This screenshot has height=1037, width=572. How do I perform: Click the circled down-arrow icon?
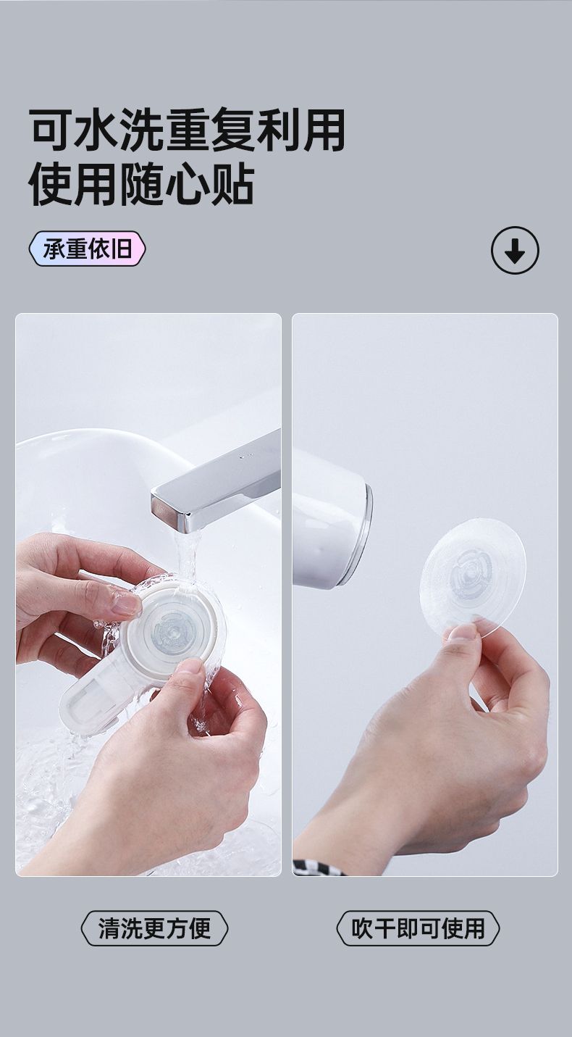pyautogui.click(x=515, y=250)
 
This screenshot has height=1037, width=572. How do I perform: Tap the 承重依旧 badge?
pyautogui.click(x=88, y=249)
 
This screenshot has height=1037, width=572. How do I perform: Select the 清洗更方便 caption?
pyautogui.click(x=154, y=928)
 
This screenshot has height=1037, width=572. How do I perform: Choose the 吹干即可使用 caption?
pyautogui.click(x=418, y=928)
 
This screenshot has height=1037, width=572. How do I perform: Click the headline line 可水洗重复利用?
pyautogui.click(x=188, y=129)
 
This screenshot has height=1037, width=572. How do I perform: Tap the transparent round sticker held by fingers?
pyautogui.click(x=473, y=578)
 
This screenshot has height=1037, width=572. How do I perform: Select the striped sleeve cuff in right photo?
pyautogui.click(x=319, y=867)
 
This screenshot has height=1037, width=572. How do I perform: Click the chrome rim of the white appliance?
pyautogui.click(x=363, y=533)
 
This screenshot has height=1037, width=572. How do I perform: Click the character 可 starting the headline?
pyautogui.click(x=51, y=130)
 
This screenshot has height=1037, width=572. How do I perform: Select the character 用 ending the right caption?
pyautogui.click(x=474, y=928)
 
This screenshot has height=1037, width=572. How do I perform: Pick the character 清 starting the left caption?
pyautogui.click(x=109, y=928)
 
